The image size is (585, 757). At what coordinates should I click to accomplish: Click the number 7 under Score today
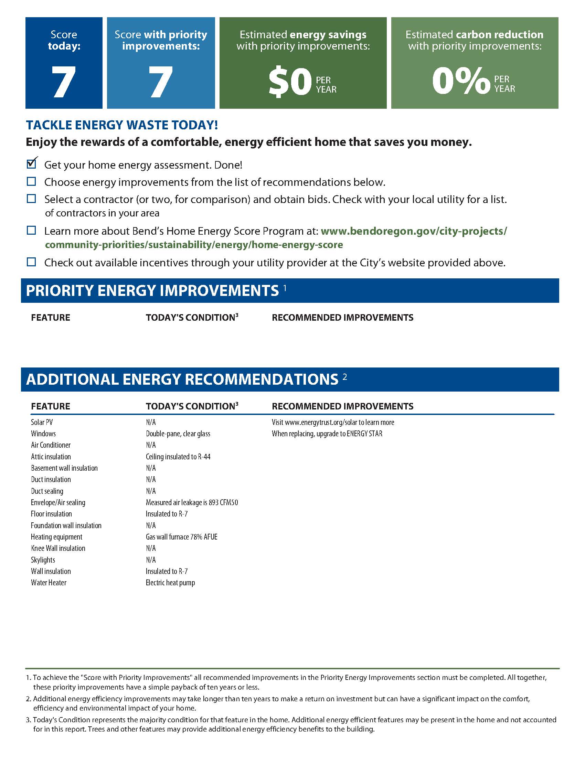pos(64,82)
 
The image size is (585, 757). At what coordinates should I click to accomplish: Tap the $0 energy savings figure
pos(290,82)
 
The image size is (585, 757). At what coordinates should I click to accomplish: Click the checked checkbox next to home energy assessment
pos(32,164)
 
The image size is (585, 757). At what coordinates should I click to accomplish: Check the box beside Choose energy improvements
pos(32,181)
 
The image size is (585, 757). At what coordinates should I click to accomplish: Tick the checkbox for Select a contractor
pos(32,199)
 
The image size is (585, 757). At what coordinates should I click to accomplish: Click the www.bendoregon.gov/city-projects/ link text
pos(414,231)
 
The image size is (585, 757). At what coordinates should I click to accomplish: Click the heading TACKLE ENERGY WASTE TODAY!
pos(122,125)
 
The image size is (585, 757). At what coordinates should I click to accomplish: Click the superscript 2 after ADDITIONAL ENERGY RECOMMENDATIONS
pos(345,376)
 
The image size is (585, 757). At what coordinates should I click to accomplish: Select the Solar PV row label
pos(42,422)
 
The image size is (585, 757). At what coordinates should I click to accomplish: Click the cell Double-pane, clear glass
pos(178,434)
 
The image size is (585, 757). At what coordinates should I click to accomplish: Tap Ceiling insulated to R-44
pos(178,457)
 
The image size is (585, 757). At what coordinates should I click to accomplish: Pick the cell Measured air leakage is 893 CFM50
pos(192,502)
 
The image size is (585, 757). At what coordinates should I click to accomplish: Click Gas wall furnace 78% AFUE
pos(181,536)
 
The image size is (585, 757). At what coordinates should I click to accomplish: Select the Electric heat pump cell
pos(170,583)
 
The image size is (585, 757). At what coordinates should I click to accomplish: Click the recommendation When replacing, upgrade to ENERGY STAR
pos(327,434)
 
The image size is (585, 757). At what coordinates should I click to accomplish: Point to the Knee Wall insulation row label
pos(58,548)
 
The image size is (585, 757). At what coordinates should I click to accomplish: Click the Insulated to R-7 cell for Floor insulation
pos(166,514)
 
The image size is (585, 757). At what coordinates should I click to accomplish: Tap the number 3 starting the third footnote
pos(28,719)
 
